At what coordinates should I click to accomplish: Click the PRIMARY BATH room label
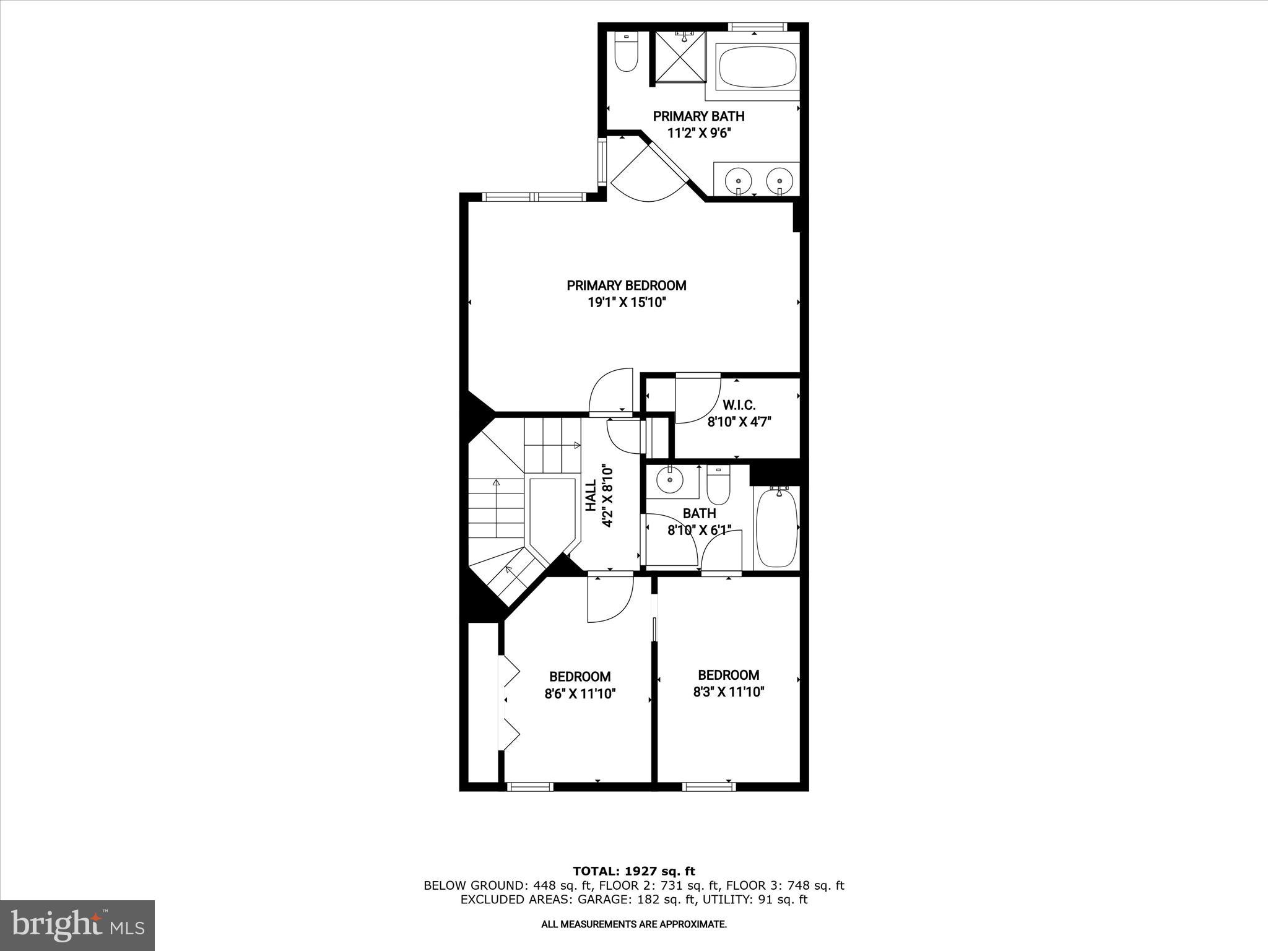[698, 116]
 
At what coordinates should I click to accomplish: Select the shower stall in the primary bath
[680, 55]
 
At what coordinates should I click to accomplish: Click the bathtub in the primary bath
[758, 68]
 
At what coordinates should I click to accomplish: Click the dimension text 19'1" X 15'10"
[627, 303]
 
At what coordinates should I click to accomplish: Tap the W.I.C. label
[739, 405]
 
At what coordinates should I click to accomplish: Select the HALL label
[591, 495]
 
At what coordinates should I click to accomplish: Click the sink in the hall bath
[670, 479]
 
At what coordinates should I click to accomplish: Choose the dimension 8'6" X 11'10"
[580, 694]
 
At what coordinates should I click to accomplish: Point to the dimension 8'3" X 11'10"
[728, 692]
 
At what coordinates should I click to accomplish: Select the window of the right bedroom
[710, 787]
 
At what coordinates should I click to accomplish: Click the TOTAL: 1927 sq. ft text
[633, 871]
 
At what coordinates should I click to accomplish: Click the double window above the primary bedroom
[534, 197]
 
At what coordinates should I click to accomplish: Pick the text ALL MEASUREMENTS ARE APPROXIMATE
[633, 924]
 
